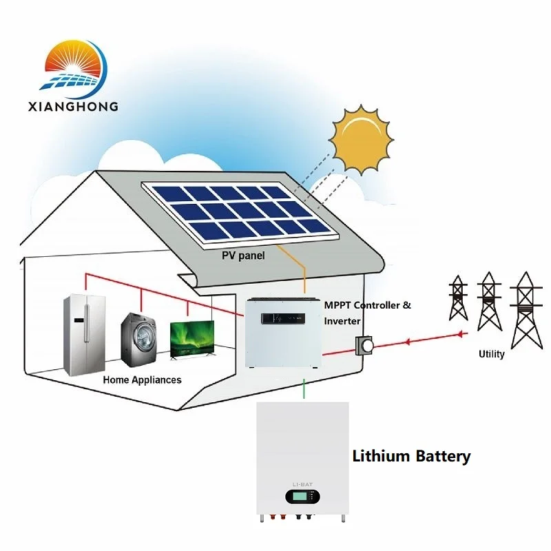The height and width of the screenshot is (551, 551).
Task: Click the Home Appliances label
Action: tap(143, 380)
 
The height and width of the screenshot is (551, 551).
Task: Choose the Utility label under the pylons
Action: tap(491, 354)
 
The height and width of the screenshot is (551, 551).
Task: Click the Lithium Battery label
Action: tap(411, 456)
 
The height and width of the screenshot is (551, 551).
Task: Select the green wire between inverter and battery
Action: tap(304, 390)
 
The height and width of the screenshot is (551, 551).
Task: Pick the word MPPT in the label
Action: tap(339, 304)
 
